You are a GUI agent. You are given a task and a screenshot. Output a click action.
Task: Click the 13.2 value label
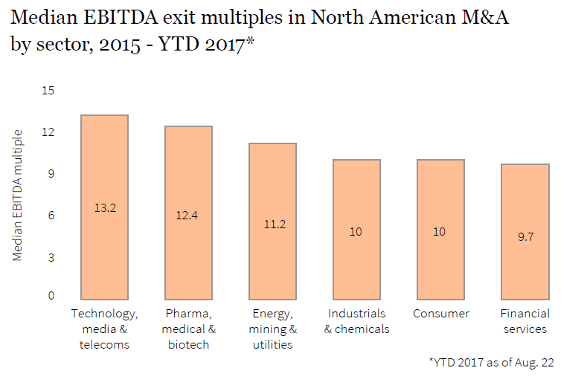(104, 207)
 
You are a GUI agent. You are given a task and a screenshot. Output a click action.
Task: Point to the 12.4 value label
(188, 215)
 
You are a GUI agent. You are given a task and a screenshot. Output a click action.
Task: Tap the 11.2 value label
(272, 224)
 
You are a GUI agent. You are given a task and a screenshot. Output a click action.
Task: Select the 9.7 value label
(525, 237)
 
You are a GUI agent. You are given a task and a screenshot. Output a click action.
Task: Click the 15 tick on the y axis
(48, 91)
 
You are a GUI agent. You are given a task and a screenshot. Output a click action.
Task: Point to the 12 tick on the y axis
(48, 132)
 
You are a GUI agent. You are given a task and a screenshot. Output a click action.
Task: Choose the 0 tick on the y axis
(51, 296)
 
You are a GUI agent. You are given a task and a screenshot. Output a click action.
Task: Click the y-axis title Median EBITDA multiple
(17, 195)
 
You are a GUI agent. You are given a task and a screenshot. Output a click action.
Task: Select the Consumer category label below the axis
(440, 314)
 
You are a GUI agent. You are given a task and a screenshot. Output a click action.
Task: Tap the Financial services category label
(525, 321)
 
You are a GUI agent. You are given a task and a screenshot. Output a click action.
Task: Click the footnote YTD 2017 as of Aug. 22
(491, 363)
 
